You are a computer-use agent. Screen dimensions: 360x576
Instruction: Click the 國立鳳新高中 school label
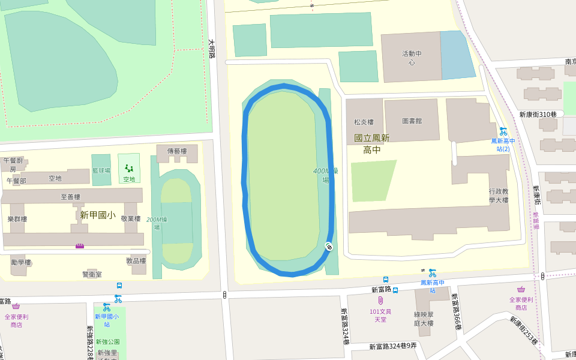point(372,144)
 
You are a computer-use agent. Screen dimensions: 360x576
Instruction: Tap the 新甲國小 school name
point(97,214)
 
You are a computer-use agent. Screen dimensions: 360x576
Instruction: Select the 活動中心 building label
point(412,58)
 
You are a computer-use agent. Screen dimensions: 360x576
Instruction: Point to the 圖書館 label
point(412,121)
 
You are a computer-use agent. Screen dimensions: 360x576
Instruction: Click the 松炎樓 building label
point(364,122)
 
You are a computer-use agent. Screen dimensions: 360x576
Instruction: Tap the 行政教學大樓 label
point(498,196)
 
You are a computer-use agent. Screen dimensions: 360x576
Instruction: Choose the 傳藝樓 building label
point(177,151)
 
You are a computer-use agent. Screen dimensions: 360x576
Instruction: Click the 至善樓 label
point(70,196)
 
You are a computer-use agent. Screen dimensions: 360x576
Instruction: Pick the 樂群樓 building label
point(17,219)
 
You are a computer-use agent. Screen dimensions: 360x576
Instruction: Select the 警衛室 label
point(92,274)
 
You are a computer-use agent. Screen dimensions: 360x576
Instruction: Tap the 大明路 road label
point(211,49)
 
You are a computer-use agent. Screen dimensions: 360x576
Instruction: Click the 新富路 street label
point(381,290)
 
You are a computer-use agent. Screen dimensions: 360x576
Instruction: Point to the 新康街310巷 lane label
point(538,115)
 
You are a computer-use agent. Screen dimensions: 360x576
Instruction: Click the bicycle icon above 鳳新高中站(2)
point(503,131)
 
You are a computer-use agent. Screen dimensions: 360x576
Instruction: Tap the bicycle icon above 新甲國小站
point(118,298)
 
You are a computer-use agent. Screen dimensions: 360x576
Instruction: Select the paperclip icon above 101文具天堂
point(380,300)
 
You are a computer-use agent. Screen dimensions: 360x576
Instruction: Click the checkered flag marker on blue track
point(329,246)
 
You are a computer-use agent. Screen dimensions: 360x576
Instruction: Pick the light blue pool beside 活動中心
point(458,55)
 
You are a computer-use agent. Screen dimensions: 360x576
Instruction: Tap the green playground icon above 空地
point(129,169)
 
